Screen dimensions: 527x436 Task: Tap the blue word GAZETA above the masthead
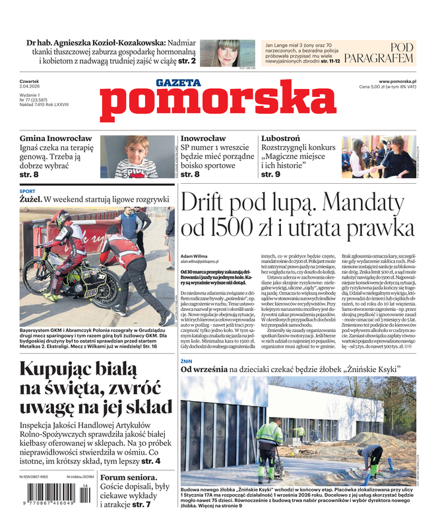point(177,82)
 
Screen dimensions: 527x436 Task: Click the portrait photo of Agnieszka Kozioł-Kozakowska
point(220,53)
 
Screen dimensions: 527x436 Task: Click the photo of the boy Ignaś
point(129,157)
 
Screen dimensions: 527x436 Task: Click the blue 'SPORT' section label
point(28,191)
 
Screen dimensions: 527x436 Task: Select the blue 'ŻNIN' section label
point(187,361)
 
